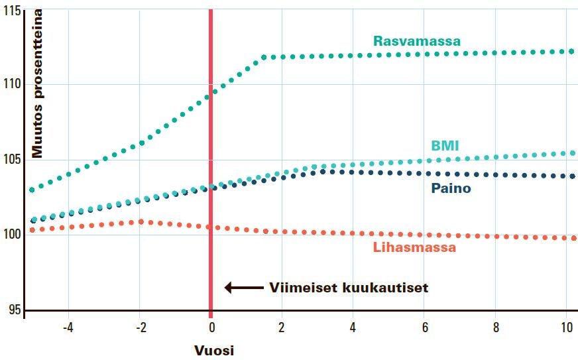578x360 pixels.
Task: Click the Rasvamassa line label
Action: click(x=416, y=41)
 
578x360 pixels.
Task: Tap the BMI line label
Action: click(x=444, y=146)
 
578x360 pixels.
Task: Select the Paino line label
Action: click(x=451, y=188)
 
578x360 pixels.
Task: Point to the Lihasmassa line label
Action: click(x=414, y=248)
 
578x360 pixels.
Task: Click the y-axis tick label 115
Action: click(x=11, y=11)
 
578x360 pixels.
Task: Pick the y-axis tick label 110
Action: click(x=11, y=84)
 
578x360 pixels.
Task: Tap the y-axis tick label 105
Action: click(x=11, y=160)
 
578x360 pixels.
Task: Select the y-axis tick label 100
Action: click(x=11, y=234)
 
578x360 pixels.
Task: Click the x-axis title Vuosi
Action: click(x=213, y=350)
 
